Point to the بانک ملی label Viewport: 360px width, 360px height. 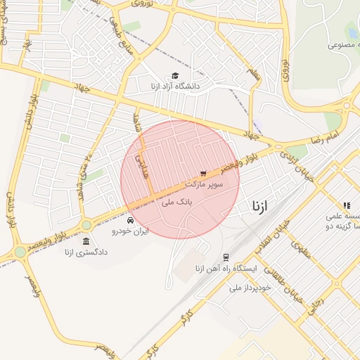176,202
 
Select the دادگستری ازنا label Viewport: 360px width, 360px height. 86,252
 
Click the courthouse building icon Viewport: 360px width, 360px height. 86,241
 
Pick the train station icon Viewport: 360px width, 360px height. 226,257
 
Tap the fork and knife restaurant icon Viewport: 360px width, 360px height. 347,205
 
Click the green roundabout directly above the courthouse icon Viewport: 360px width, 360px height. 86,225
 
